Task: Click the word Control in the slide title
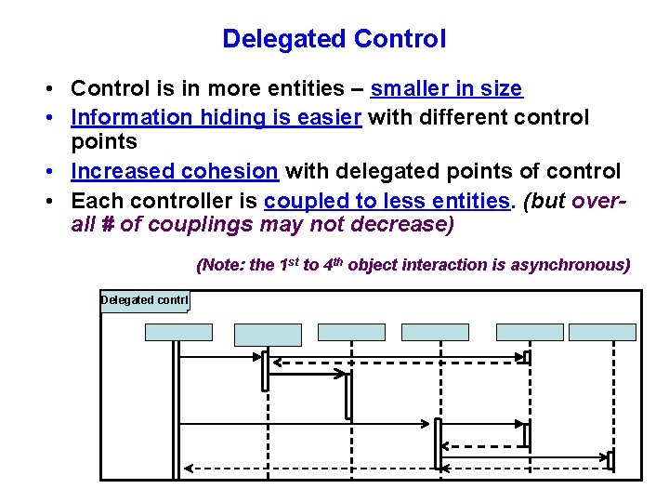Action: pos(401,39)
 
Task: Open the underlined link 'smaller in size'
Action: pos(446,89)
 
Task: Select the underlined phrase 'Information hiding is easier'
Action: pos(216,118)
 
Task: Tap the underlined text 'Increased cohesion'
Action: pos(175,172)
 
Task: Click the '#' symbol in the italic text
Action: pos(104,225)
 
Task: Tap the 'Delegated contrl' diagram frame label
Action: pos(144,300)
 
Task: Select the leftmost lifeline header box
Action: pos(178,332)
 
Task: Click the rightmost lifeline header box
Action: pos(602,332)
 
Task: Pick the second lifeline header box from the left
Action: pos(268,334)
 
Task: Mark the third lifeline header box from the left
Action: pos(351,332)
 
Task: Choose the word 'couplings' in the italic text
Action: pos(174,225)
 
